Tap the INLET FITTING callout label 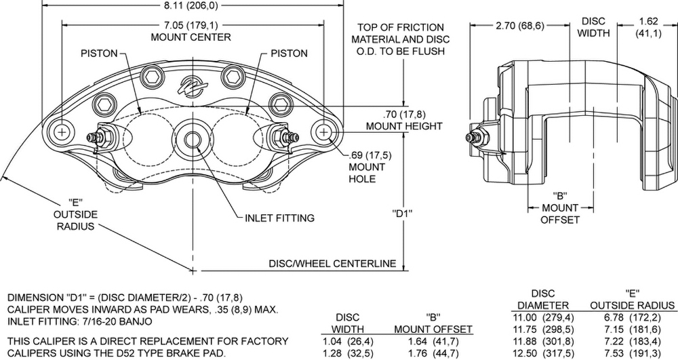(x=279, y=218)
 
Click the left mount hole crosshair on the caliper (x=62, y=132)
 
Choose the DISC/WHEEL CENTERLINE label (x=332, y=263)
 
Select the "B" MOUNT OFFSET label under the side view (x=560, y=207)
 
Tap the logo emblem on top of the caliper (x=193, y=86)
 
